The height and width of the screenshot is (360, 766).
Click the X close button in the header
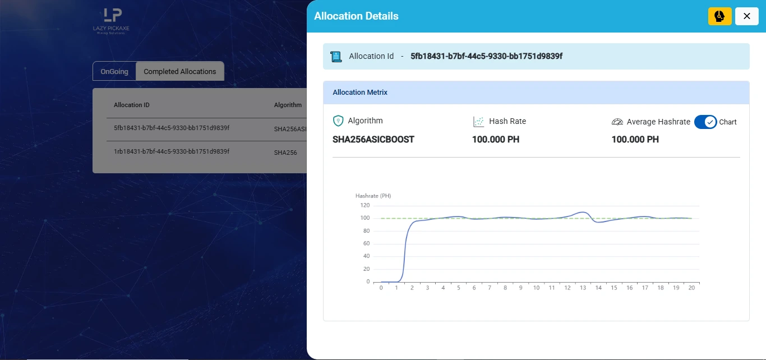746,16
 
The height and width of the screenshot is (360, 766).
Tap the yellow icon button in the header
720,16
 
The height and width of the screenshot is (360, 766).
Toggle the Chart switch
705,122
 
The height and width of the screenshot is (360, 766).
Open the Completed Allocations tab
179,71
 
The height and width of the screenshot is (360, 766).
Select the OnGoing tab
114,71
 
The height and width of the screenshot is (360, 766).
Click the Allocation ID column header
132,105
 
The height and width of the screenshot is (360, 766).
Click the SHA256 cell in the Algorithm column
285,153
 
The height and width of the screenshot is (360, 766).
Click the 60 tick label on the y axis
366,243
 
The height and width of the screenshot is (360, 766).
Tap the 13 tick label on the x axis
583,288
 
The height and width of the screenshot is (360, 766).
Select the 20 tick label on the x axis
691,288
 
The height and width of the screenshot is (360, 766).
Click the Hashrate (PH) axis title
373,196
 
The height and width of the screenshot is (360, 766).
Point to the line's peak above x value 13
583,212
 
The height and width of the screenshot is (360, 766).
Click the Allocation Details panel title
356,16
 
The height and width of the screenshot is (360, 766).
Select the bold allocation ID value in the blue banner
486,56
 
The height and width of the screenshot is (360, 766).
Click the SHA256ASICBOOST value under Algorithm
373,139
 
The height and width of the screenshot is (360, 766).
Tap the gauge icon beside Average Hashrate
617,122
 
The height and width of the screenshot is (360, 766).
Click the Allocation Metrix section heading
360,93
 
